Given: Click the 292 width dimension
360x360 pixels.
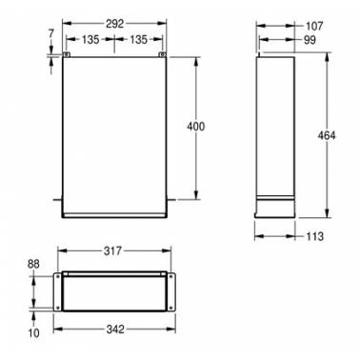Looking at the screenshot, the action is pyautogui.click(x=114, y=24).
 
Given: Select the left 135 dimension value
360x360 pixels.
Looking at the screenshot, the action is pyautogui.click(x=90, y=40).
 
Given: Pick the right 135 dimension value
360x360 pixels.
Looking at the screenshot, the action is pyautogui.click(x=139, y=40).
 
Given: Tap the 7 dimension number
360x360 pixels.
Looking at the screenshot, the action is pyautogui.click(x=51, y=33).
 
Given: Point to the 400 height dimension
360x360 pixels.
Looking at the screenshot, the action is pyautogui.click(x=196, y=127).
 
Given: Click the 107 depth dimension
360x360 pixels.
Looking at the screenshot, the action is pyautogui.click(x=314, y=26).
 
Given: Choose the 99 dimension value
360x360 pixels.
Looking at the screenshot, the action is pyautogui.click(x=310, y=40).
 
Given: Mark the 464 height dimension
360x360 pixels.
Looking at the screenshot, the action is pyautogui.click(x=327, y=135).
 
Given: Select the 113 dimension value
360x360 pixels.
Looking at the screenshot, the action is pyautogui.click(x=315, y=236).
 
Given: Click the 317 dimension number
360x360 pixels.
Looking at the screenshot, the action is pyautogui.click(x=112, y=251).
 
